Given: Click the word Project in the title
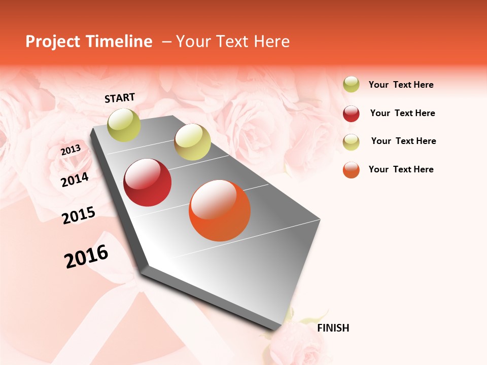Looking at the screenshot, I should pos(52,42).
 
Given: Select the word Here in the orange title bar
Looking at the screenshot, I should pos(271,42).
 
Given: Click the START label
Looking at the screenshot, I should pos(120,98).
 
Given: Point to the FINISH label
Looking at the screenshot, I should pos(333,328).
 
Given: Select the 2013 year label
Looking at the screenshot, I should pos(71,150).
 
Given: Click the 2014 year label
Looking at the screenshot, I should pos(75,179).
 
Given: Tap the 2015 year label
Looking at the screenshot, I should pos(79,215).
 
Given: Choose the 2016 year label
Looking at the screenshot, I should pos(86,257).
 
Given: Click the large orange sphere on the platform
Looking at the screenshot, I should pos(220,210).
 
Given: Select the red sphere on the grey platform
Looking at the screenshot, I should pos(148,182).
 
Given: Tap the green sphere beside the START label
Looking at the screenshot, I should pos(124,125).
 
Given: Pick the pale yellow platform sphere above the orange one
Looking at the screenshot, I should pos(192,142).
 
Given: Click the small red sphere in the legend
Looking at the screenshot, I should pos(351,114).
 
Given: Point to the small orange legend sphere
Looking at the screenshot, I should pos(351,170).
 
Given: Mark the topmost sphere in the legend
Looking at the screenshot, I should pos(351,85).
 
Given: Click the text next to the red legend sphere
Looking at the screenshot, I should pos(402,113).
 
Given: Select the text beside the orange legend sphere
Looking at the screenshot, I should pos(401,169).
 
